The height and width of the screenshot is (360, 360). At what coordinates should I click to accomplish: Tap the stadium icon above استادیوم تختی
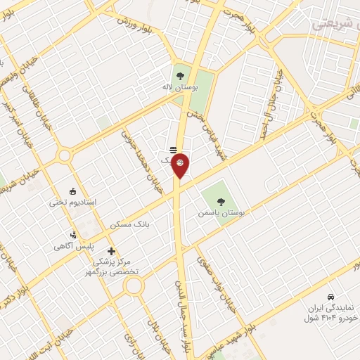click(72, 190)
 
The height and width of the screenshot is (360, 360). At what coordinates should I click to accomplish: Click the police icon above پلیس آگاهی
click(72, 235)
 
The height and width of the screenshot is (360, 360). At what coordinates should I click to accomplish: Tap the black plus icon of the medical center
click(111, 251)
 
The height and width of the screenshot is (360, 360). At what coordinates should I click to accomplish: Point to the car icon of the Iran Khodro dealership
click(330, 296)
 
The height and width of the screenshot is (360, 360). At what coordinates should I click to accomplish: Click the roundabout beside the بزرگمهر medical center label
click(134, 286)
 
